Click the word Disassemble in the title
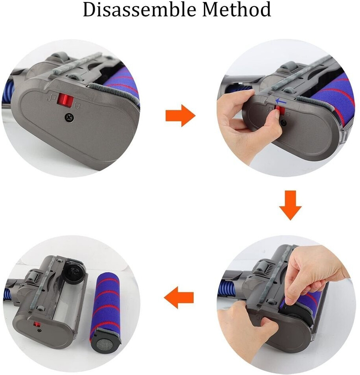[140, 9]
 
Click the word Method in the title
[237, 9]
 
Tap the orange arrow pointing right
[180, 115]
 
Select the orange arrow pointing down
[290, 205]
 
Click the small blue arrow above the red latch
[281, 102]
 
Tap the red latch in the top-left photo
[64, 101]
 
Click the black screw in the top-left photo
[69, 117]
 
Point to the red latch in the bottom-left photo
[37, 324]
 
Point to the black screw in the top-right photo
[284, 123]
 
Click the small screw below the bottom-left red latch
[39, 331]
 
